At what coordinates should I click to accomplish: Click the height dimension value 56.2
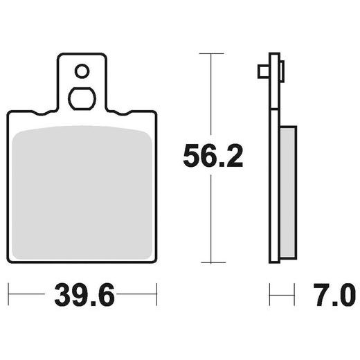[x=213, y=156]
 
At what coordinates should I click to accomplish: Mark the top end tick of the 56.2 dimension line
[x=211, y=53]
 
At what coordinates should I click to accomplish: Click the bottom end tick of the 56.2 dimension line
[x=211, y=262]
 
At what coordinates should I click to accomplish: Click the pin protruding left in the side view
[x=262, y=71]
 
